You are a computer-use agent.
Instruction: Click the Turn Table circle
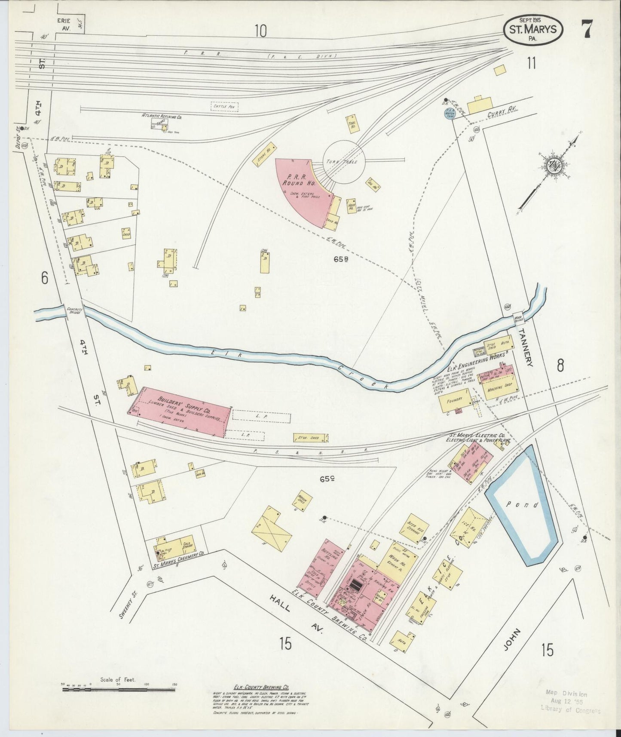(x=344, y=161)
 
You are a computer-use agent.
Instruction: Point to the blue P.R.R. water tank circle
(x=450, y=114)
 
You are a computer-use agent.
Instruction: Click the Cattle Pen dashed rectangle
(x=224, y=106)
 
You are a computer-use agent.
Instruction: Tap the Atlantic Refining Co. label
(x=163, y=116)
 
